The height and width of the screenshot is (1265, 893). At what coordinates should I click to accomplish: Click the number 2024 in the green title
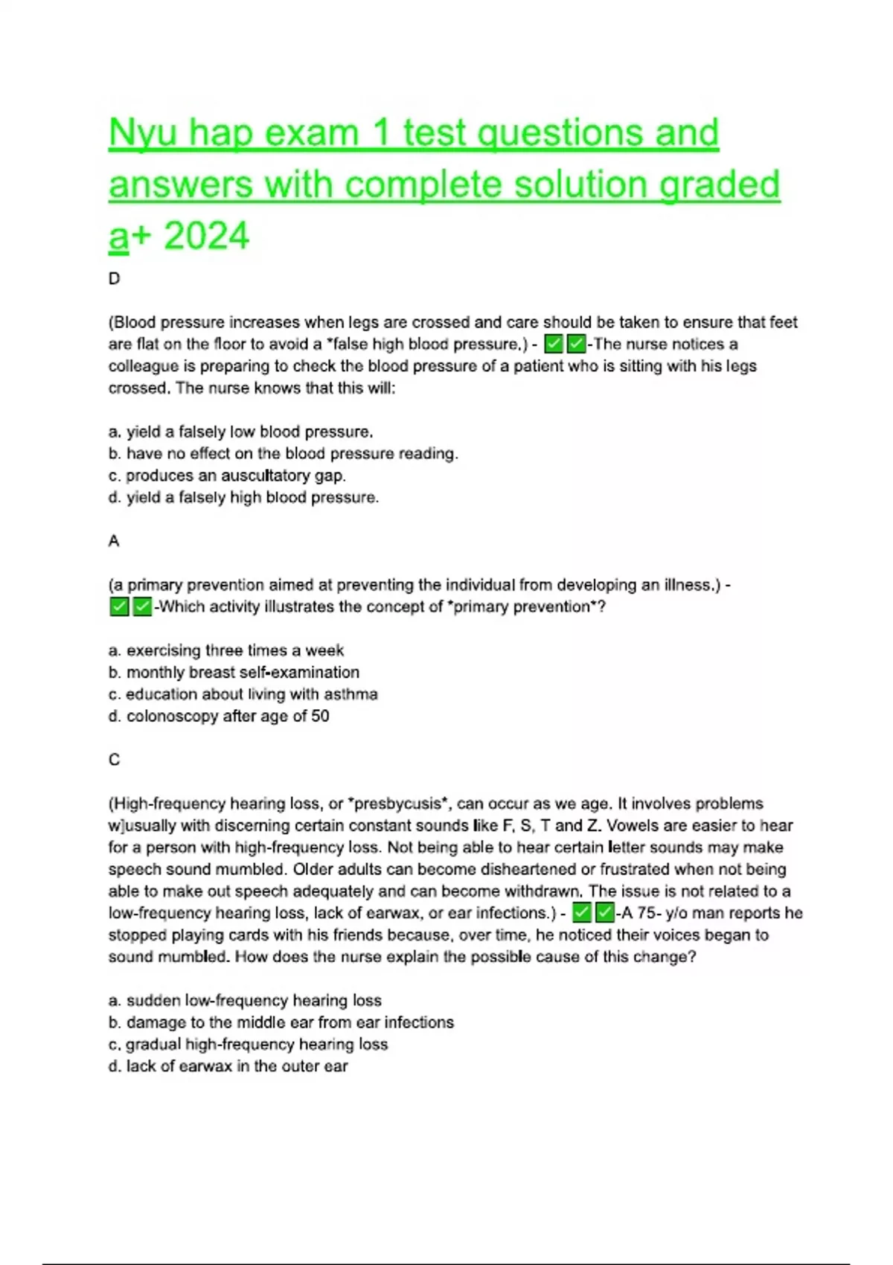tap(206, 237)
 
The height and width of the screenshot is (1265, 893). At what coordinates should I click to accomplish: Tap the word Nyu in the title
tap(143, 134)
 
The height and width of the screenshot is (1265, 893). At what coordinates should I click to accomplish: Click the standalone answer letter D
tap(114, 279)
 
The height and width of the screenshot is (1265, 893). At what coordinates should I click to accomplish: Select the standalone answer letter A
tap(114, 541)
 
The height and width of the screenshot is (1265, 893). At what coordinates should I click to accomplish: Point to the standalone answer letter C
tap(114, 760)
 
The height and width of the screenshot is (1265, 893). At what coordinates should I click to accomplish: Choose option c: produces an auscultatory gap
tap(227, 475)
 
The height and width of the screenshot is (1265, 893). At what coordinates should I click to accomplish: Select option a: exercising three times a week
tap(226, 650)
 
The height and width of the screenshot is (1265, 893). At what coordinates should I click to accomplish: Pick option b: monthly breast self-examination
tap(234, 672)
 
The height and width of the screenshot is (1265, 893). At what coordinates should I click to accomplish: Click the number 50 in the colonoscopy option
tap(320, 716)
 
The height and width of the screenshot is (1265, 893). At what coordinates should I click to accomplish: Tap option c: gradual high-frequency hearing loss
tap(248, 1044)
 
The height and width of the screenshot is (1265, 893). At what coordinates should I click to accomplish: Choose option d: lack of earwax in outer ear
tap(228, 1066)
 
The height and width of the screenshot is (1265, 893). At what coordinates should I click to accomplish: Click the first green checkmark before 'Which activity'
tap(119, 607)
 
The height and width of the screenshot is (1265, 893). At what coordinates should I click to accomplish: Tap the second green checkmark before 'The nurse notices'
tap(576, 345)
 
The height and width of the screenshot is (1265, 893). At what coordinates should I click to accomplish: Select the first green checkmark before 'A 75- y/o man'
tap(582, 913)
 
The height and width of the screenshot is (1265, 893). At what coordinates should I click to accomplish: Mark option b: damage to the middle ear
tap(281, 1022)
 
